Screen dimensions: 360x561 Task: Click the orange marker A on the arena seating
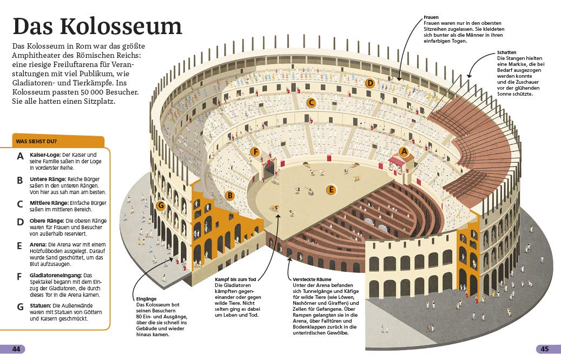[404, 152]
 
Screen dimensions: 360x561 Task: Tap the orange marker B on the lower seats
[229, 195]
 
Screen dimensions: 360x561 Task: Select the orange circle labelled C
[311, 102]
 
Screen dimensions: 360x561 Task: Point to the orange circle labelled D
[370, 83]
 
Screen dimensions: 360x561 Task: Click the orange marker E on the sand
[331, 190]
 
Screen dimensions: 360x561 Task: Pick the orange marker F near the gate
[256, 152]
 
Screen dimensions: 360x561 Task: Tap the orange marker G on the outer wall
[160, 205]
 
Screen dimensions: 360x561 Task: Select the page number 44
[16, 349]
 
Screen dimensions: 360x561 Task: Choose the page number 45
[544, 349]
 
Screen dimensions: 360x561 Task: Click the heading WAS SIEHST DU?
[36, 142]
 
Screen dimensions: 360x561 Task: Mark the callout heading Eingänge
[146, 299]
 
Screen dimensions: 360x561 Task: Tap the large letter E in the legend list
[20, 245]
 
